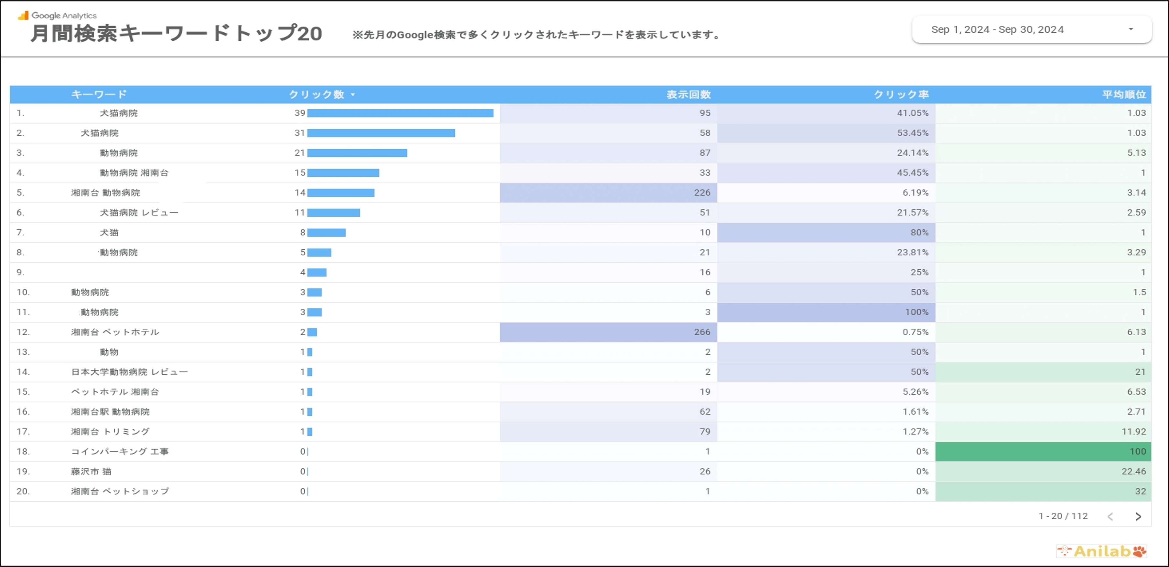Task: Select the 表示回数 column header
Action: pyautogui.click(x=688, y=94)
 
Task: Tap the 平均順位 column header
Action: pyautogui.click(x=1124, y=94)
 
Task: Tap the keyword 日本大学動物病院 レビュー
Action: pyautogui.click(x=129, y=372)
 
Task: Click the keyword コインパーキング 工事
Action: pyautogui.click(x=120, y=451)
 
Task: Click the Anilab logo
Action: pyautogui.click(x=1101, y=551)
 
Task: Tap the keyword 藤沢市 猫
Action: pyautogui.click(x=91, y=471)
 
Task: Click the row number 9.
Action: pyautogui.click(x=20, y=272)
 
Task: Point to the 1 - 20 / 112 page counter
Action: pyautogui.click(x=1063, y=516)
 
